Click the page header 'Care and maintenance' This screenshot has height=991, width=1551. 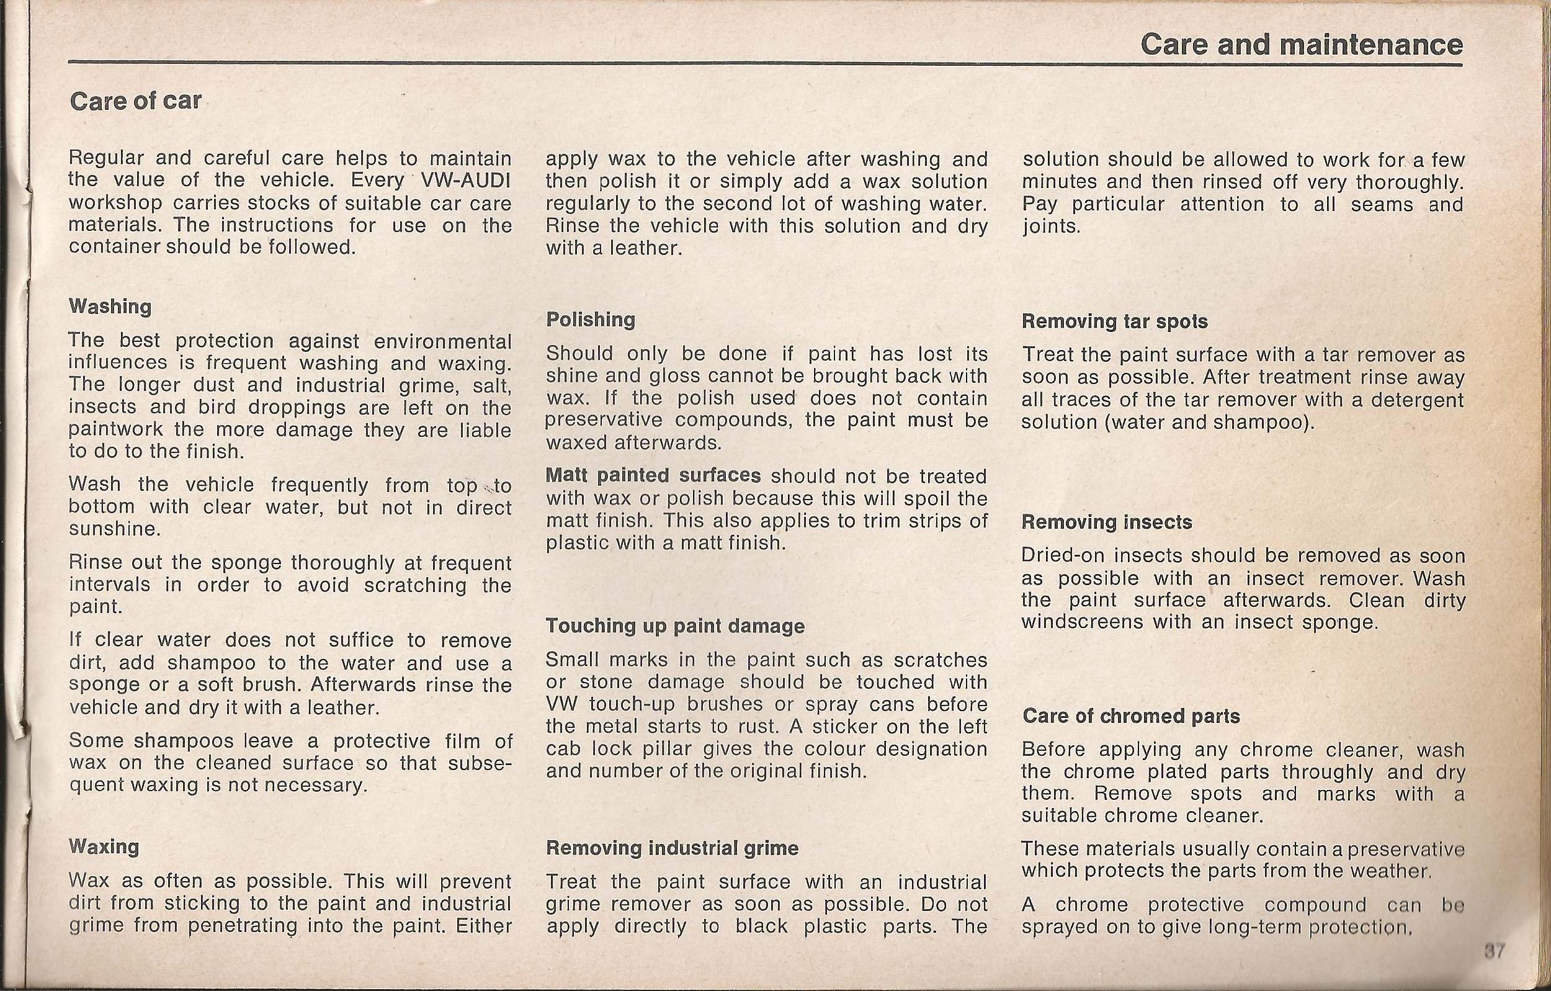point(1300,45)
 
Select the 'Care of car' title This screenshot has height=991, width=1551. point(135,101)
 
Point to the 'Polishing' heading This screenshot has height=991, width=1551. point(590,320)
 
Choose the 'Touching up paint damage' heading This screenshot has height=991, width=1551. point(675,626)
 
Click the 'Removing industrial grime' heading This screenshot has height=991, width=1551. point(672,847)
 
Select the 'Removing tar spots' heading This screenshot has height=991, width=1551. point(1114,321)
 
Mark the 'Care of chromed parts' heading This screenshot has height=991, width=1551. point(1130,716)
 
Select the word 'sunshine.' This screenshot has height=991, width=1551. point(114,529)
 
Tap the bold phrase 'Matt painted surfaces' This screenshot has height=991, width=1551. point(653,475)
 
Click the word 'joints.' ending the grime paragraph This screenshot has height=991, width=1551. point(1050,227)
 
